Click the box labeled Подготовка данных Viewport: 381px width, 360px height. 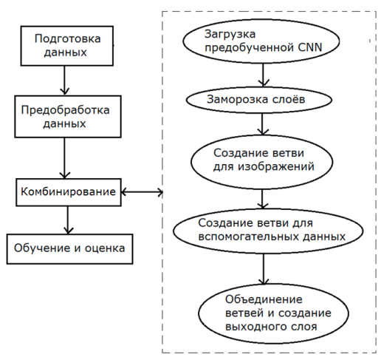[x=67, y=46]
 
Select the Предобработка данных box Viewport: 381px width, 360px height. [x=68, y=117]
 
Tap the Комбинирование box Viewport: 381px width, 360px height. [x=69, y=192]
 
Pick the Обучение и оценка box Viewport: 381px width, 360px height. [x=69, y=249]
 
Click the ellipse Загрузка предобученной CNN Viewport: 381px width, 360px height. [x=261, y=41]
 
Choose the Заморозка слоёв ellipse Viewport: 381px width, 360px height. [x=259, y=100]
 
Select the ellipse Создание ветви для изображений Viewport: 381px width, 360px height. [x=262, y=162]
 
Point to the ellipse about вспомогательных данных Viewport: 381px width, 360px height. [x=268, y=231]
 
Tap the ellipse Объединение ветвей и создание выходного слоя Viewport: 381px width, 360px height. [x=273, y=313]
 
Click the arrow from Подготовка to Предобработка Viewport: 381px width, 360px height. [x=64, y=81]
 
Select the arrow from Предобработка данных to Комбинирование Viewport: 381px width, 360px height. [x=64, y=158]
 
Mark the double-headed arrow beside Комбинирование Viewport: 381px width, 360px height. [x=142, y=192]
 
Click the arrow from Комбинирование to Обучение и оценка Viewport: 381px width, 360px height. [x=68, y=220]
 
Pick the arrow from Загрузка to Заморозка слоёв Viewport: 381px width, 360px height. [x=263, y=75]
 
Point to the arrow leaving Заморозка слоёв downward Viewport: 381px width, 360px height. [x=262, y=124]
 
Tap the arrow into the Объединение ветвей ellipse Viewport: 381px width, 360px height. [x=264, y=269]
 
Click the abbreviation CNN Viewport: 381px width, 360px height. [x=310, y=47]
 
